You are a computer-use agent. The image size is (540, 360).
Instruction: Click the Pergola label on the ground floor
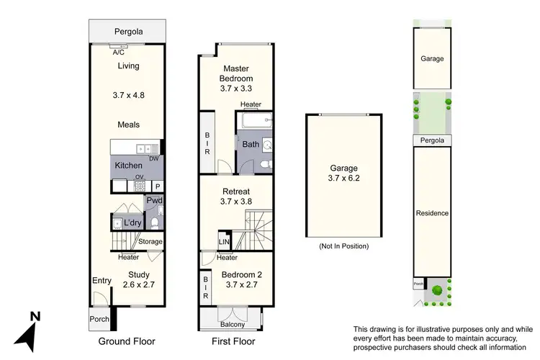(x=127, y=32)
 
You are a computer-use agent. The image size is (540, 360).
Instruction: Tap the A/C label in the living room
(x=117, y=52)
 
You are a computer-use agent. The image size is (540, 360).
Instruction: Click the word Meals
(x=127, y=125)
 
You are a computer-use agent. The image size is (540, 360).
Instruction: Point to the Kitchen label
(x=129, y=166)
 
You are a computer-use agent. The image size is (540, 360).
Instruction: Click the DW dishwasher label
(x=153, y=158)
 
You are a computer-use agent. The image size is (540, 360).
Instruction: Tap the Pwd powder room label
(x=153, y=200)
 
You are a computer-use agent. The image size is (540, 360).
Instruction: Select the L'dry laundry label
(x=132, y=222)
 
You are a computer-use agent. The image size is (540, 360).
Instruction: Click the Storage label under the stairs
(x=150, y=241)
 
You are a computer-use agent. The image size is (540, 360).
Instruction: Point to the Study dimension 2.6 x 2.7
(x=138, y=285)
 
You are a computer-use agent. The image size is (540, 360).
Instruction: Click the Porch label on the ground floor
(x=99, y=319)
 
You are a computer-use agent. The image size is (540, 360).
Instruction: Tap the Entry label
(x=101, y=281)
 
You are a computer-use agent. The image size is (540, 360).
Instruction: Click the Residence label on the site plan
(x=432, y=213)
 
